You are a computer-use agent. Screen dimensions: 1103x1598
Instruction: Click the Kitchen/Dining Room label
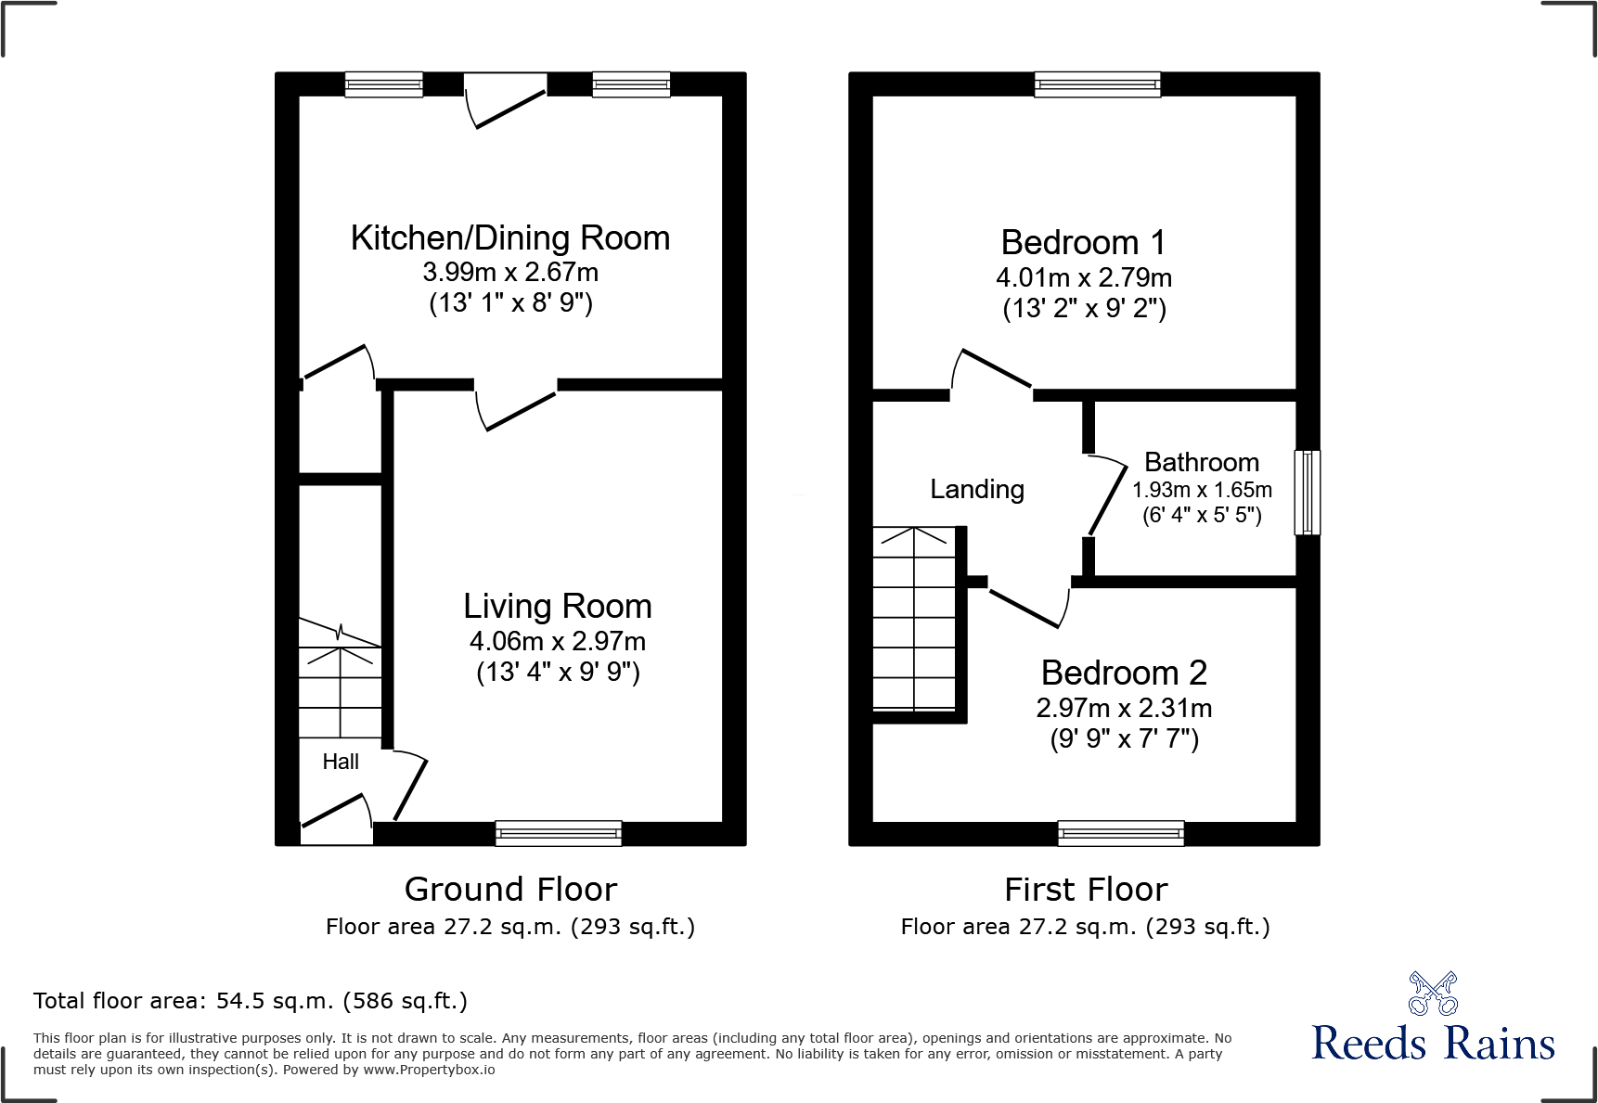510,238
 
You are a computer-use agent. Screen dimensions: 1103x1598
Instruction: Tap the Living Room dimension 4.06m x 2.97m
558,641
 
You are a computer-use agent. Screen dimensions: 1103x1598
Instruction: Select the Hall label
341,762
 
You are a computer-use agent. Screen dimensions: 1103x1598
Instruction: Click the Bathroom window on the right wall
1307,493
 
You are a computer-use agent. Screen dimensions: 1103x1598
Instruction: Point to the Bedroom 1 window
1098,85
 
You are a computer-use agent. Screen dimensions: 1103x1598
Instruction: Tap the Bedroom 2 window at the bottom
1121,833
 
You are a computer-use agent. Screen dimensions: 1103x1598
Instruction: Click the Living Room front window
559,833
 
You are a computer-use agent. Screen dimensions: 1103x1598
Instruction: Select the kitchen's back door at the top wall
505,100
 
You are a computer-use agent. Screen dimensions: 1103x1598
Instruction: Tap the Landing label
977,489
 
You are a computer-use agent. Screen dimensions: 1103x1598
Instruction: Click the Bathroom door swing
1106,496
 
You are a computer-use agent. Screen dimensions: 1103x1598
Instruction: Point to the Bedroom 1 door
992,370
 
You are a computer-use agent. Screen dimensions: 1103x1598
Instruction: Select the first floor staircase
915,619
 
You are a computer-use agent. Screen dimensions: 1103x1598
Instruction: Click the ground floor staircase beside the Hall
340,682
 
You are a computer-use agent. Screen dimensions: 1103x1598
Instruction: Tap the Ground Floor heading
510,889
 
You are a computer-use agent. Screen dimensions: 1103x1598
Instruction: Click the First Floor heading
1086,889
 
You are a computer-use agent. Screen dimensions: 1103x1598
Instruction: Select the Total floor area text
251,1001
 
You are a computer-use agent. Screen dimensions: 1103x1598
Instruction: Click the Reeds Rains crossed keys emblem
1433,994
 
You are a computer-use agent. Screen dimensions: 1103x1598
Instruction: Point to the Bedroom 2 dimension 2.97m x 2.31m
1124,708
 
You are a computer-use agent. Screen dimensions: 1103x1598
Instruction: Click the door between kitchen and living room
516,408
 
